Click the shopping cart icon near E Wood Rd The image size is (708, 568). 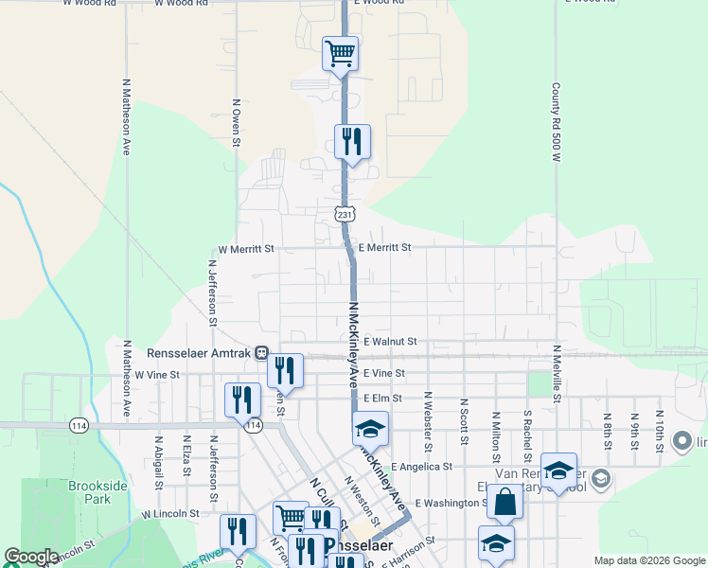(340, 53)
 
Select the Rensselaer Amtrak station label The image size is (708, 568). (200, 353)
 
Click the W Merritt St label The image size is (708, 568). (245, 249)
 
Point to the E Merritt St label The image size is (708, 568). (384, 247)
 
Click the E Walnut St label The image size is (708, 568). (389, 341)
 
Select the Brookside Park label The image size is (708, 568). (97, 491)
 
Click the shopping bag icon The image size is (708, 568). (505, 502)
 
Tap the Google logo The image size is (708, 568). (31, 558)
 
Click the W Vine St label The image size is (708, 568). (157, 375)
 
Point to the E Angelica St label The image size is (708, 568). (420, 467)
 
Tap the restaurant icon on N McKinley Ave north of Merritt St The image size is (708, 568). (352, 142)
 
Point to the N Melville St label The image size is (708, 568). (558, 374)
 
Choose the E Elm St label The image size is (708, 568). (382, 399)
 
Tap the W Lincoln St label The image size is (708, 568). (170, 513)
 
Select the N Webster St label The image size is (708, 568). (428, 420)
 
